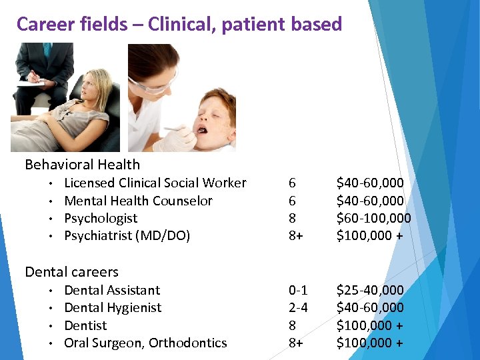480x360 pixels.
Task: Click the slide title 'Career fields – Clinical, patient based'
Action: pyautogui.click(x=179, y=25)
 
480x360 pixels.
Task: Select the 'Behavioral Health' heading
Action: pyautogui.click(x=82, y=165)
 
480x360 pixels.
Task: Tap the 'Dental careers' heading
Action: pyautogui.click(x=71, y=272)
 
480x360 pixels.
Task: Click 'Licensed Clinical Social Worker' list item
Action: pyautogui.click(x=155, y=183)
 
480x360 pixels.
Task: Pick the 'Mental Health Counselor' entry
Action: pyautogui.click(x=138, y=201)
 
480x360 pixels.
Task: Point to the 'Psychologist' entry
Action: pyautogui.click(x=101, y=218)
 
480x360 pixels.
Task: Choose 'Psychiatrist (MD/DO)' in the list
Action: pyautogui.click(x=127, y=235)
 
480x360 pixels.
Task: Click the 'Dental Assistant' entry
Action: pyautogui.click(x=112, y=290)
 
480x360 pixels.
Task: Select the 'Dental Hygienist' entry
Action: pyautogui.click(x=113, y=307)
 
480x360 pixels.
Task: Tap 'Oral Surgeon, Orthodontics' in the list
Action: pyautogui.click(x=145, y=343)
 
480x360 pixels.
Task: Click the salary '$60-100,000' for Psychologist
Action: pyautogui.click(x=373, y=218)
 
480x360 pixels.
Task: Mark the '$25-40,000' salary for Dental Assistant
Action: pyautogui.click(x=370, y=290)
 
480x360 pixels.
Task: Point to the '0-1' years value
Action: pyautogui.click(x=297, y=290)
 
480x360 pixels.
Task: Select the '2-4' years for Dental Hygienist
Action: pyautogui.click(x=297, y=307)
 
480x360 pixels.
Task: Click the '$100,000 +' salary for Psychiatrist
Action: pyautogui.click(x=369, y=235)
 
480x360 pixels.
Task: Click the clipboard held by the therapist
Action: pyautogui.click(x=30, y=83)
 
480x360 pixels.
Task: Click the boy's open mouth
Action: pyautogui.click(x=202, y=126)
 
